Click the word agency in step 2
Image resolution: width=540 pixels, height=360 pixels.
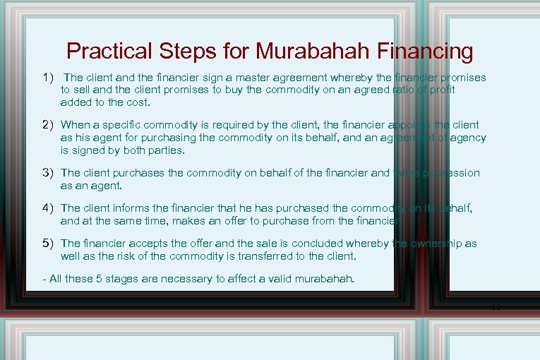[x=469, y=137]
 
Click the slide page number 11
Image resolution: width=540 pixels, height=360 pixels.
[x=497, y=306]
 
